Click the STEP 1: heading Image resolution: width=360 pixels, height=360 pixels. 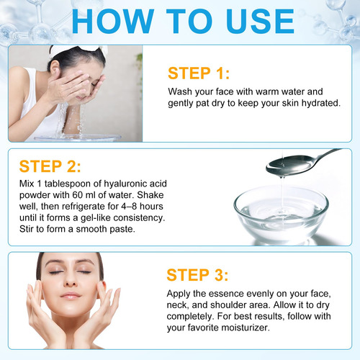(x=199, y=73)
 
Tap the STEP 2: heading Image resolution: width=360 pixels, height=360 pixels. (x=50, y=166)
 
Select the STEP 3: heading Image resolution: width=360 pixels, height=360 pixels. (x=197, y=275)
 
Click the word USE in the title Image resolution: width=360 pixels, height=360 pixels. (x=260, y=21)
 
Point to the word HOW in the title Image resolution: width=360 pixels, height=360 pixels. (x=113, y=21)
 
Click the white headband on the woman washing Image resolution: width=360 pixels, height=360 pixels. (x=78, y=50)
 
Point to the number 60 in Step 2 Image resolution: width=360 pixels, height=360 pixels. (x=78, y=195)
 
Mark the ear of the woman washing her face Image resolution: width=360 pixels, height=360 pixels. (x=55, y=70)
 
